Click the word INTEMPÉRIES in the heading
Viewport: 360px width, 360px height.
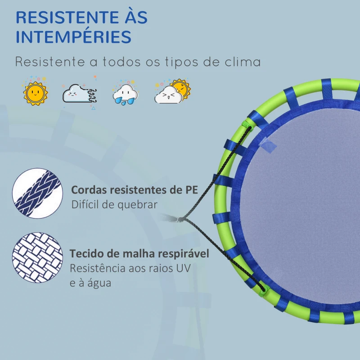(x=73, y=36)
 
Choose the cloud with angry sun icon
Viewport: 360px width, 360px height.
(x=172, y=91)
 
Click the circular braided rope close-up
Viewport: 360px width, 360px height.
(x=37, y=193)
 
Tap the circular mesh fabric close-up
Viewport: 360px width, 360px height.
(x=37, y=257)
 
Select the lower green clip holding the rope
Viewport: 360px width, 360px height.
(x=264, y=291)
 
